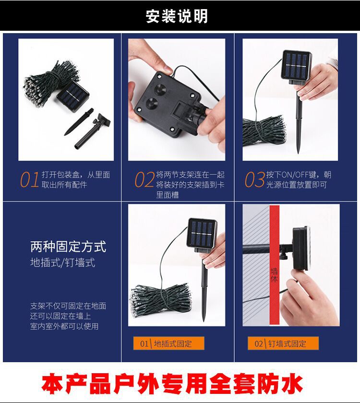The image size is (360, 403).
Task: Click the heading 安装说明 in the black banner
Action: pos(177,16)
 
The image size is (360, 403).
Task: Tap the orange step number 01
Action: pos(30,179)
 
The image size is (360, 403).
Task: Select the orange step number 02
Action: pos(144,179)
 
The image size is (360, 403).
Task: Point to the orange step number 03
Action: pos(254,179)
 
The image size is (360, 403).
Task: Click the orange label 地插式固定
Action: pos(173,343)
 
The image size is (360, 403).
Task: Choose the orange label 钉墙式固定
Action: pos(287,343)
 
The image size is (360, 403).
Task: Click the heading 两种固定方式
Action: pos(68,246)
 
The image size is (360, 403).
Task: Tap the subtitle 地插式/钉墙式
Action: pos(63,263)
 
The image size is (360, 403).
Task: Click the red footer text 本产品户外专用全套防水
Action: pos(172,384)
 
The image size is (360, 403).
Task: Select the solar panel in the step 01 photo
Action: pos(73,96)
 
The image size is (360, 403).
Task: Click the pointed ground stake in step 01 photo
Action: pos(78,122)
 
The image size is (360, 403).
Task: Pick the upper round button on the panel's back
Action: pos(159,89)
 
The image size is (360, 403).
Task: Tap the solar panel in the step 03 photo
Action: pos(297,65)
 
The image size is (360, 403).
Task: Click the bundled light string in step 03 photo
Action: pos(264,131)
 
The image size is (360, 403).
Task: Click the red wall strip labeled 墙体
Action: pos(274,265)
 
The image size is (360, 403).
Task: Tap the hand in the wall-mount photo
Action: pos(308,298)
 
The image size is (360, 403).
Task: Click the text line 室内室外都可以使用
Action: pos(64,327)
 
